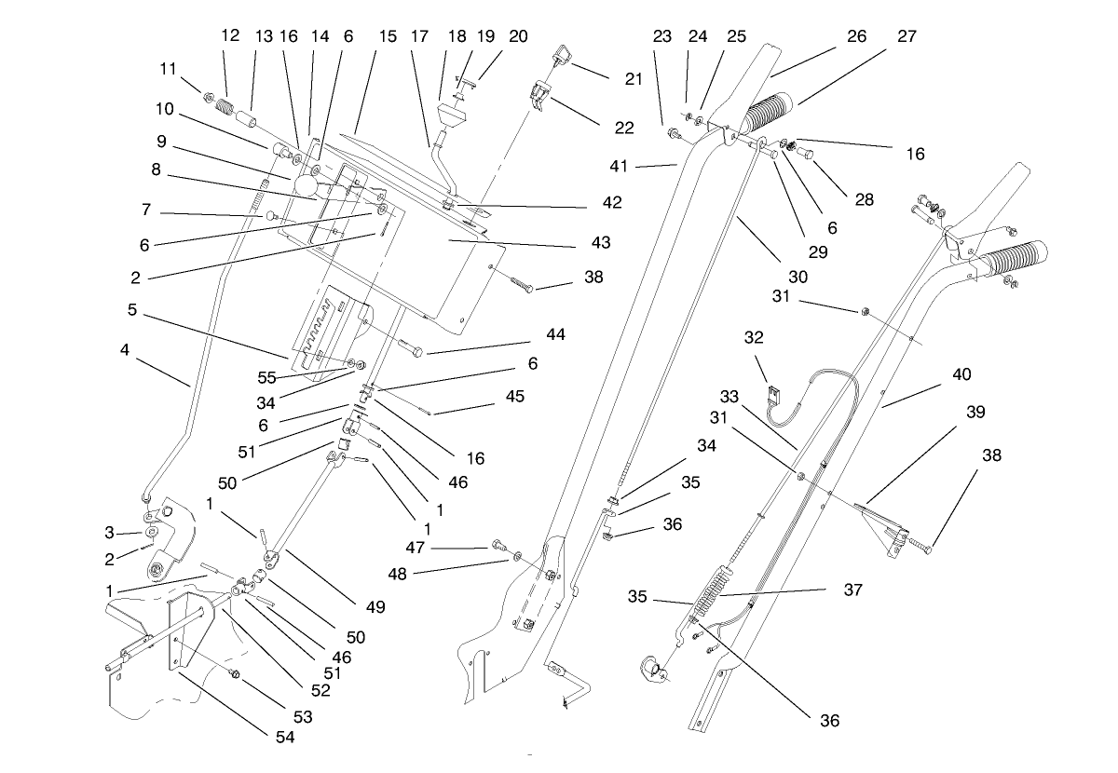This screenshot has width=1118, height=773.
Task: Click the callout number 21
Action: tap(634, 79)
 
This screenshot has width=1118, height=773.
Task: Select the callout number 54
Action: tap(284, 737)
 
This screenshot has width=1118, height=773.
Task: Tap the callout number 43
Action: tap(600, 242)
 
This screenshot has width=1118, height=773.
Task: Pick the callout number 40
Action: tap(961, 374)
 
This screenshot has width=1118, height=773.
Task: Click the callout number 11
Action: tap(168, 69)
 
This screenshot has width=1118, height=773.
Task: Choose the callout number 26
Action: tap(855, 36)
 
